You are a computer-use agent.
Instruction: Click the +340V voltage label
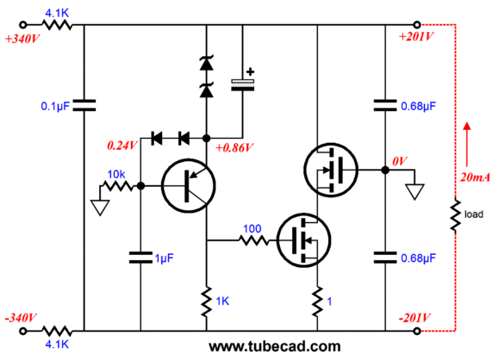(x=22, y=39)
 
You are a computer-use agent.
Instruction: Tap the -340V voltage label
(x=21, y=318)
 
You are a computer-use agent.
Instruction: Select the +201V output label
(x=416, y=37)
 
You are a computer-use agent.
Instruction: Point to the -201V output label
(x=414, y=318)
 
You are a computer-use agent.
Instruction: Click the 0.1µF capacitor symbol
(x=84, y=105)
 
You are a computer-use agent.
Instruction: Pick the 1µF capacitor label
(x=165, y=258)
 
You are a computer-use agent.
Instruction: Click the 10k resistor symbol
(x=118, y=186)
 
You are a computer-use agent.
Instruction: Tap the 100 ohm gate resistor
(x=253, y=240)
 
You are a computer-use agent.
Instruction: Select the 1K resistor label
(x=222, y=301)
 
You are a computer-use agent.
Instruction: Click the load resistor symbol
(x=456, y=214)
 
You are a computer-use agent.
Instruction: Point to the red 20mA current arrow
(x=467, y=145)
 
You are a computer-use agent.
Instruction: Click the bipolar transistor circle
(x=189, y=186)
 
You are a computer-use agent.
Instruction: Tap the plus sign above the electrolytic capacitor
(x=250, y=71)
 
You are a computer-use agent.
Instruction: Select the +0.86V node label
(x=234, y=147)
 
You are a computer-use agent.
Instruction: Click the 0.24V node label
(x=122, y=146)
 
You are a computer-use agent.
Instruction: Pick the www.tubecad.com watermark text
(x=275, y=346)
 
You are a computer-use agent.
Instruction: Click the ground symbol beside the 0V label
(x=414, y=191)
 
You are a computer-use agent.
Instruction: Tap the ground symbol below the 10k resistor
(x=100, y=208)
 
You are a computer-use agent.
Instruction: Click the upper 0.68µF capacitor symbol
(x=385, y=105)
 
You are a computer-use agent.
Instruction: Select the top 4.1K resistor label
(x=57, y=13)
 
